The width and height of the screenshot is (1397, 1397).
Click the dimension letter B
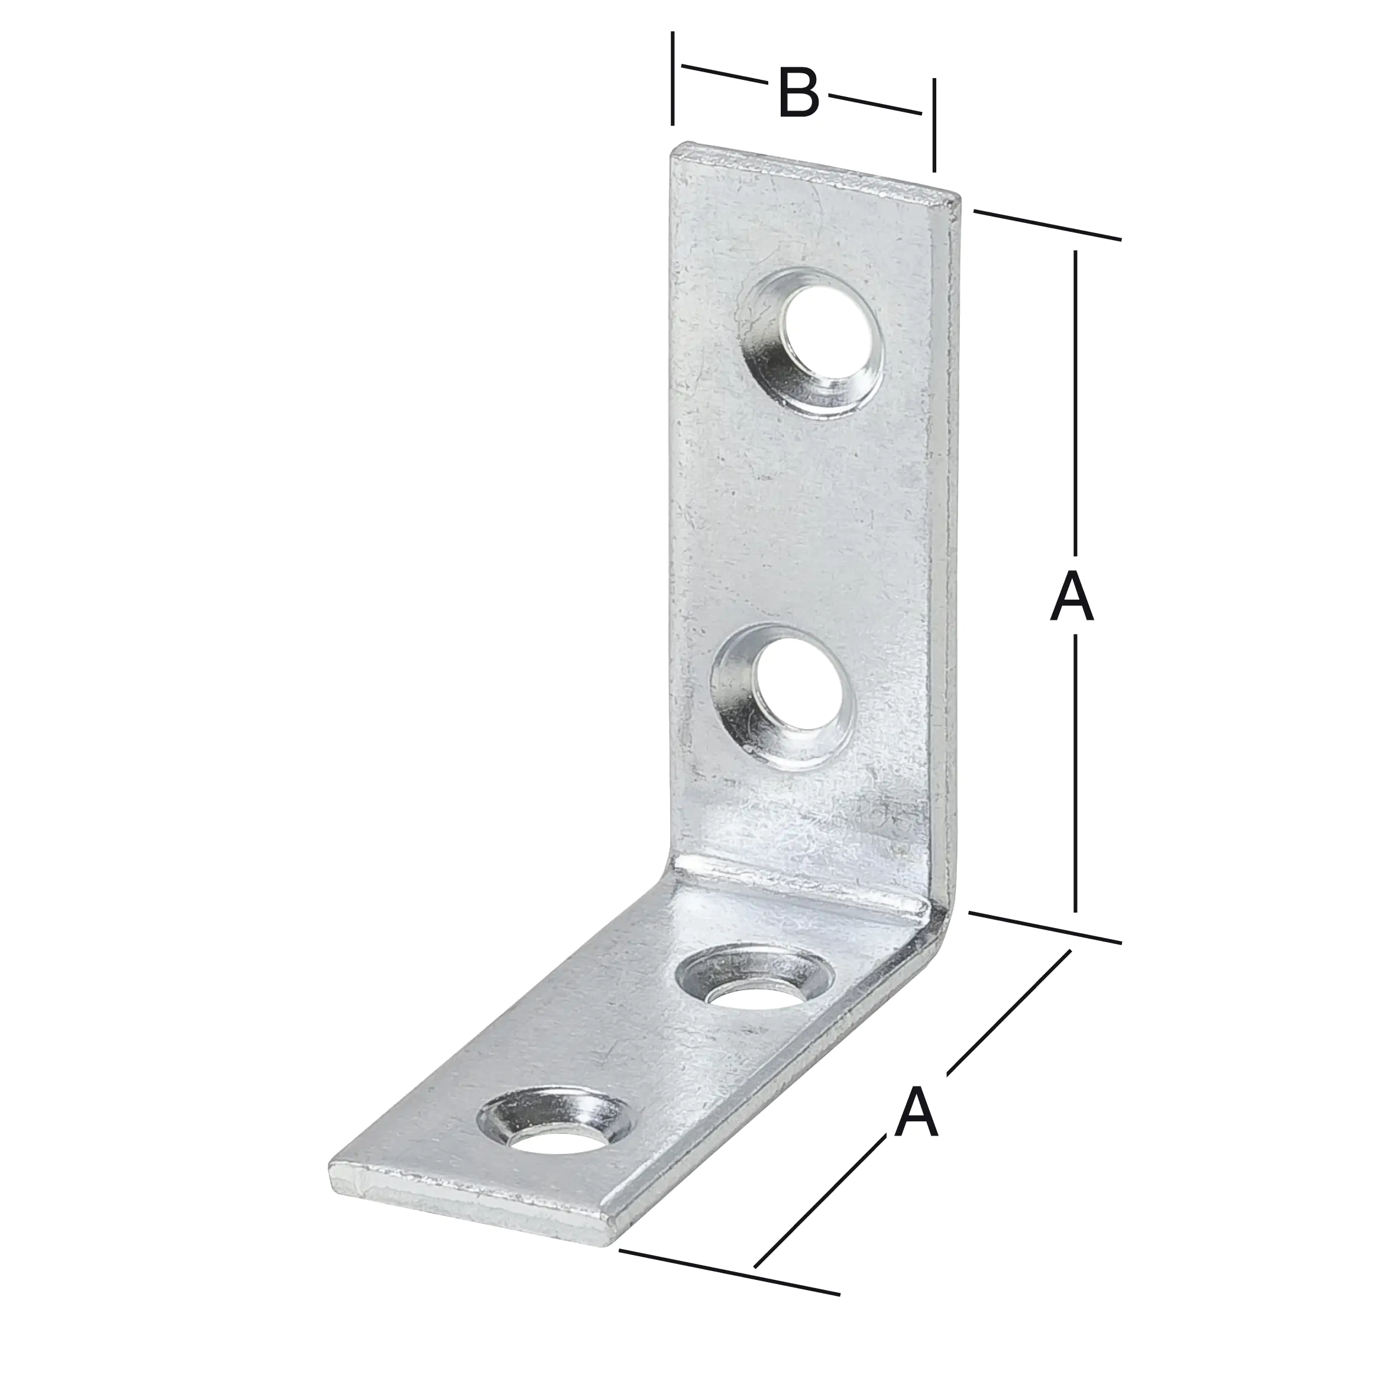tap(798, 94)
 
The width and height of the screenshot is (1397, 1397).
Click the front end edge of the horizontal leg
tap(470, 1202)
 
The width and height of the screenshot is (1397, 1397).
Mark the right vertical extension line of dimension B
tap(934, 124)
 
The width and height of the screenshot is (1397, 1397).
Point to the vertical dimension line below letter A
tap(1076, 781)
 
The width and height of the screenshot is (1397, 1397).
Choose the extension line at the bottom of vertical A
tap(1045, 928)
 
